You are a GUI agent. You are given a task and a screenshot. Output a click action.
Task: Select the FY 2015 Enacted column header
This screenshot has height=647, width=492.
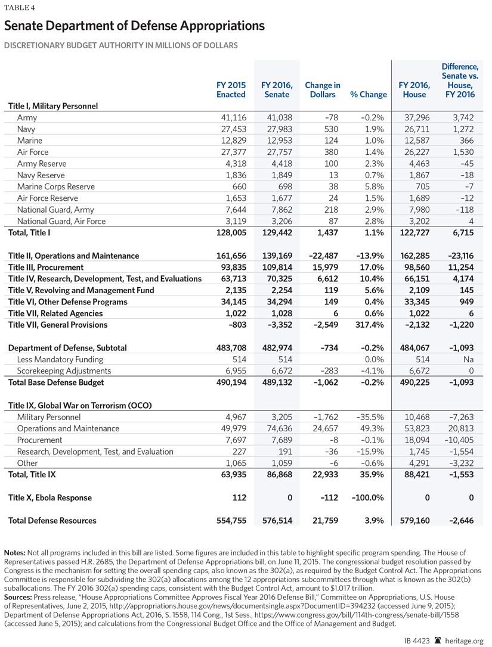(231, 90)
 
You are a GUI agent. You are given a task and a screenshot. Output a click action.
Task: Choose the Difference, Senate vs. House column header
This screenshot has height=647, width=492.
(460, 80)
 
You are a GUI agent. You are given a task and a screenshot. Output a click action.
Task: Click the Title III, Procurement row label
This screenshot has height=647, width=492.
(46, 267)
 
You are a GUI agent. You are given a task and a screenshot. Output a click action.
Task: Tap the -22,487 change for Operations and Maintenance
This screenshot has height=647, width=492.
(323, 256)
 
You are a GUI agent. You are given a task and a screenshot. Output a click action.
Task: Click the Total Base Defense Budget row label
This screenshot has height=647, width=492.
(56, 382)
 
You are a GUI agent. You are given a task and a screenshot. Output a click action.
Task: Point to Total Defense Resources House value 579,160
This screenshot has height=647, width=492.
(412, 521)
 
